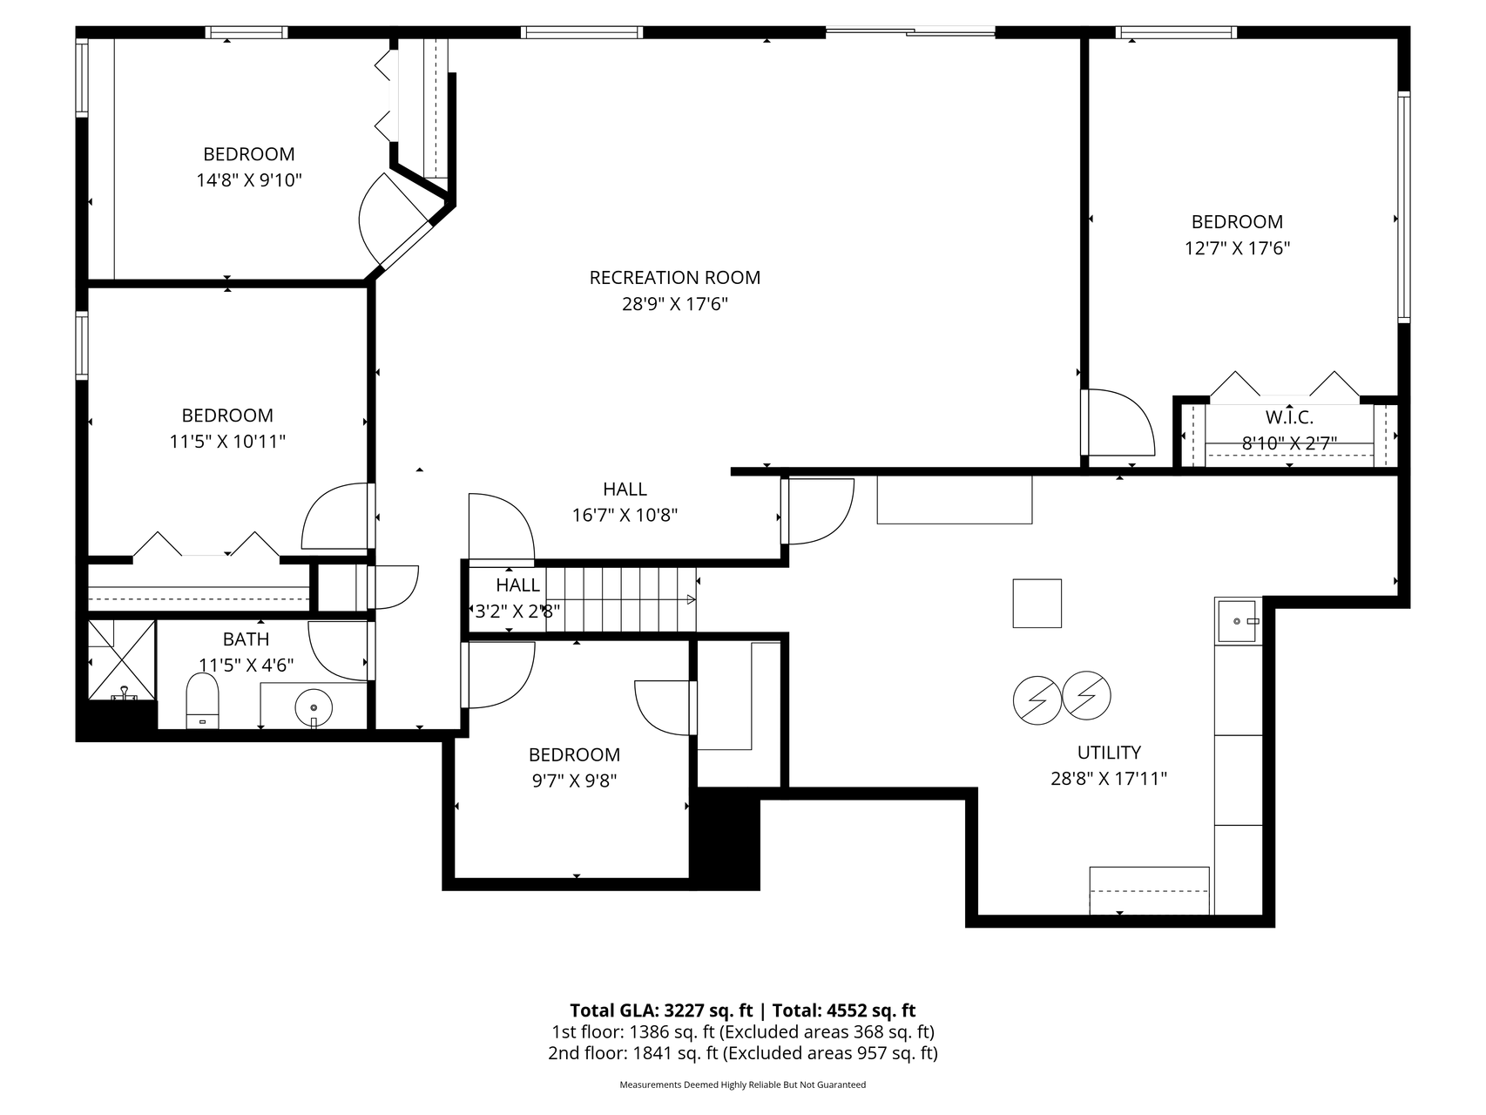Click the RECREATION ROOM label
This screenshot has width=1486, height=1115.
point(675,278)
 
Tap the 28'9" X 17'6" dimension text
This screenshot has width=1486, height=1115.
point(675,304)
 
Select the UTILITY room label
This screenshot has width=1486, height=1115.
point(1109,753)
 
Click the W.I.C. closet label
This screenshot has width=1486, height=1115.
point(1289,417)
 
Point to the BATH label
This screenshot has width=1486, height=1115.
point(246,639)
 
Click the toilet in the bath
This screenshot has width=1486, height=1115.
point(203,700)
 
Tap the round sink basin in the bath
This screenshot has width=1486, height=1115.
point(314,706)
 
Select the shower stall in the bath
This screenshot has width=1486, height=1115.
point(122,660)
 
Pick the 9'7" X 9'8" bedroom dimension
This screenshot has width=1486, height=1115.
point(575,781)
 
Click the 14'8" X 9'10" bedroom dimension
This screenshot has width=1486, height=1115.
point(249,180)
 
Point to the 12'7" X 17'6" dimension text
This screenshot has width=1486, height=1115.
point(1237,248)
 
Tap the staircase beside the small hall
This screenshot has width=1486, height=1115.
point(621,599)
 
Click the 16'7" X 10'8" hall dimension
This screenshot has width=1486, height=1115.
point(625,516)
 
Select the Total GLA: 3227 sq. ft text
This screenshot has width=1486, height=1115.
point(661,1010)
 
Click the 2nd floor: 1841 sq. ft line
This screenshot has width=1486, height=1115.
point(743,1053)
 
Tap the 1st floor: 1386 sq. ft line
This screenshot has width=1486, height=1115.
point(743,1032)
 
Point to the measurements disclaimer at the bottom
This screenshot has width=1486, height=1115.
point(743,1085)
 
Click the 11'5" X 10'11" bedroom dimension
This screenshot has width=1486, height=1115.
point(227,442)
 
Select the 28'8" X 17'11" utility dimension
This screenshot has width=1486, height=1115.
point(1109,779)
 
